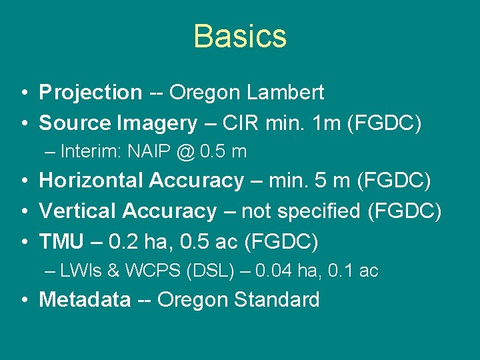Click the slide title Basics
240,36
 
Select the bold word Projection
91,93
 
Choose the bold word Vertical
78,211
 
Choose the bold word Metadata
85,300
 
